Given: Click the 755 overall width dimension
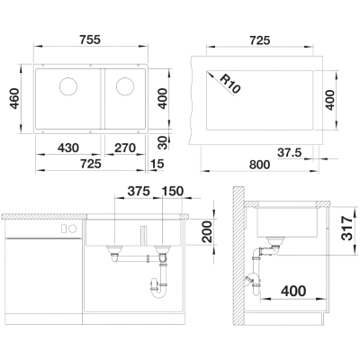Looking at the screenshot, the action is click(x=90, y=40).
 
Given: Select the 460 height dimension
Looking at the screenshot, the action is click(x=14, y=98).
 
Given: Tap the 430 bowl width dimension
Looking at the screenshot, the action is click(x=68, y=148).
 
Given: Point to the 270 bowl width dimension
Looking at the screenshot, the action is click(x=125, y=148).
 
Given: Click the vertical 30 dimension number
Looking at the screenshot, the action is click(x=163, y=143).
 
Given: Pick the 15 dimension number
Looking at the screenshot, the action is click(x=157, y=164).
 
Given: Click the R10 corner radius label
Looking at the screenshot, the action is click(x=230, y=84).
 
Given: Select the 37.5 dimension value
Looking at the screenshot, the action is click(x=289, y=153).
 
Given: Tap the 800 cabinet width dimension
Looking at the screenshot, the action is click(x=259, y=165).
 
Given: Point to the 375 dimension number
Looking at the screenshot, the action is click(x=139, y=191).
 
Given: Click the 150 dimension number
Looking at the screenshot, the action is click(x=173, y=191).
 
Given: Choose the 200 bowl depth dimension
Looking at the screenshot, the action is click(x=207, y=231).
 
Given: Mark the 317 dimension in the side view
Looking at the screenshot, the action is click(x=347, y=228).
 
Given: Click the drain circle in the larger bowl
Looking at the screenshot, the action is click(x=68, y=86).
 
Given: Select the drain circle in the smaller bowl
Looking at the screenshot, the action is click(x=125, y=86).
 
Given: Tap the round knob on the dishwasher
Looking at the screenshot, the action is click(x=73, y=229).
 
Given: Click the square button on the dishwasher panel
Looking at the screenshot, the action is click(x=64, y=229).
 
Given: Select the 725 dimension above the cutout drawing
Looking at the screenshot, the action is click(x=259, y=40).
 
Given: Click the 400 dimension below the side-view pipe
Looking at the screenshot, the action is click(x=293, y=291).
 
